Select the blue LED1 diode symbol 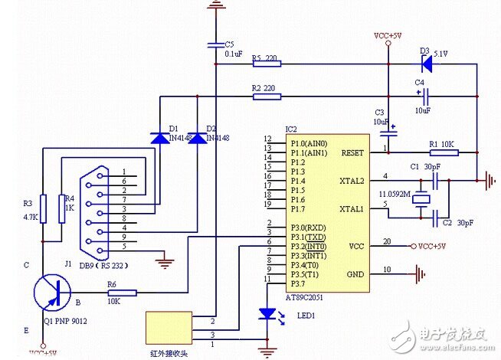click(267, 314)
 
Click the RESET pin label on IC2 click(353, 152)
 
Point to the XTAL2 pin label click(353, 181)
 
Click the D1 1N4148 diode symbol click(160, 139)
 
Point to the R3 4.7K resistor click(44, 206)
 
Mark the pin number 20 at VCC click(387, 242)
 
